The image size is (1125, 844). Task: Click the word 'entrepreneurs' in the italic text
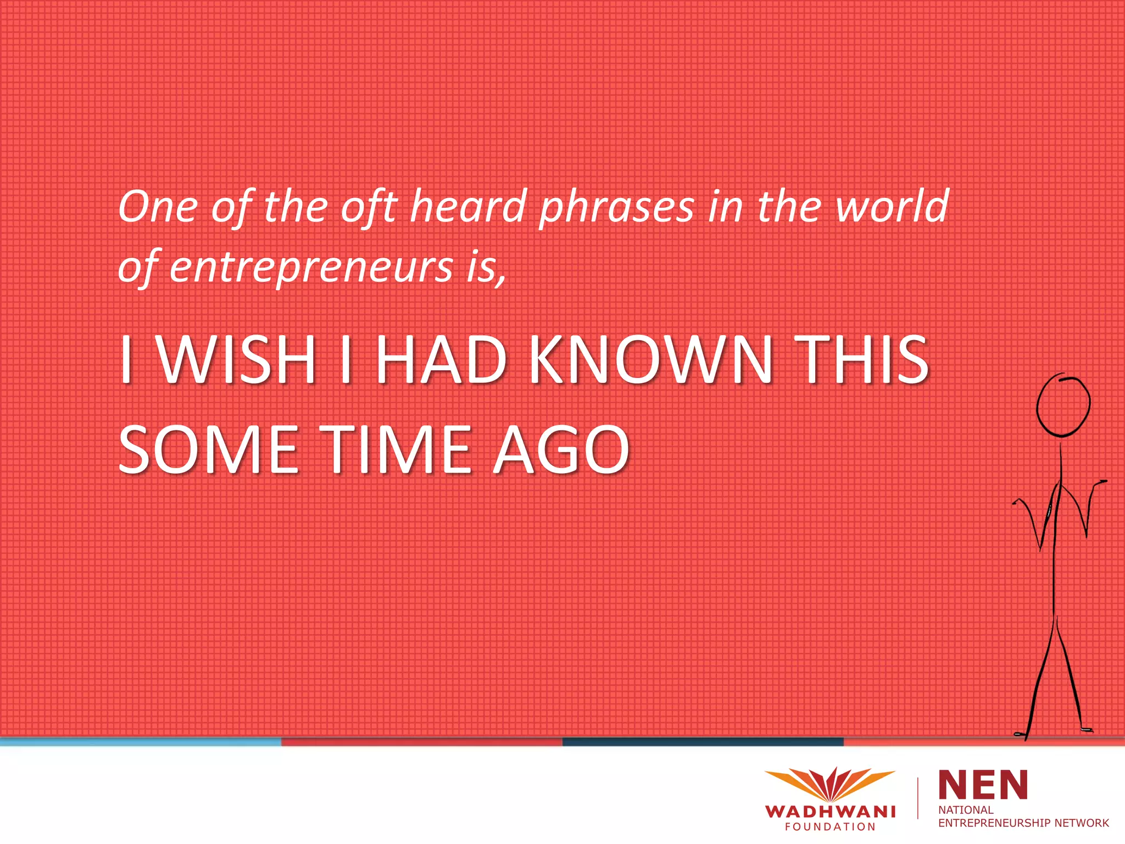coord(311,268)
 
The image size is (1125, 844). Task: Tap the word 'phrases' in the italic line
coord(616,208)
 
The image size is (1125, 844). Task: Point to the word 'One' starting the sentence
coord(158,208)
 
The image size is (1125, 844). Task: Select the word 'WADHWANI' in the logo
coord(830,812)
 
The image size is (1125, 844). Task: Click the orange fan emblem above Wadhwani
coord(830,783)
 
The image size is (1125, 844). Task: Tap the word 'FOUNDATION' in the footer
coord(830,827)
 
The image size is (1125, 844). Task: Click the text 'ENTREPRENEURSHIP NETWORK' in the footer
coord(1023,823)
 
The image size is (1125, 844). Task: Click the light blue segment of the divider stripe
coord(141,742)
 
